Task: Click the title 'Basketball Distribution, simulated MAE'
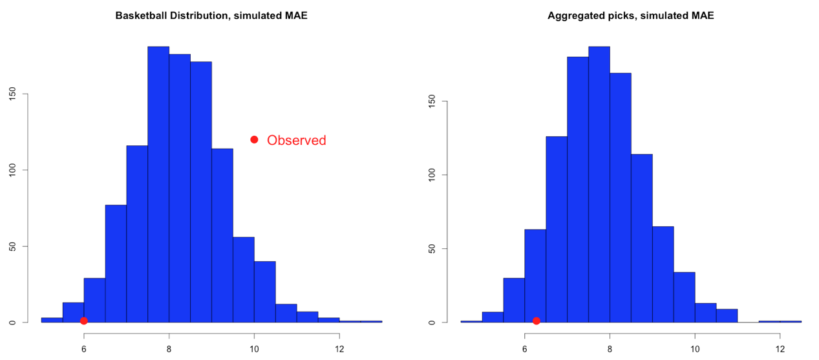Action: click(211, 16)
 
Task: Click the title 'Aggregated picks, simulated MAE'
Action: click(630, 16)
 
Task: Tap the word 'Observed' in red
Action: click(296, 140)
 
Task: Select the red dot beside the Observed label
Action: click(254, 140)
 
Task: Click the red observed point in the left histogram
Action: click(83, 321)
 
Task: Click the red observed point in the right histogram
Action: click(536, 321)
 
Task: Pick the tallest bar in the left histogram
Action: click(158, 184)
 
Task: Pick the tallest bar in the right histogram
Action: click(599, 184)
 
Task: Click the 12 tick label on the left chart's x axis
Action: click(339, 349)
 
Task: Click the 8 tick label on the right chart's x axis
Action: click(610, 349)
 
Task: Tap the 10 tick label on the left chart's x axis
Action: click(254, 349)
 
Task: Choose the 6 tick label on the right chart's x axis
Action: click(524, 349)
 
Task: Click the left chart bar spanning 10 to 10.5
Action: click(264, 291)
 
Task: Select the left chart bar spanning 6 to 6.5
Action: click(94, 300)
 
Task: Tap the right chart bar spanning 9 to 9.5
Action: click(663, 274)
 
